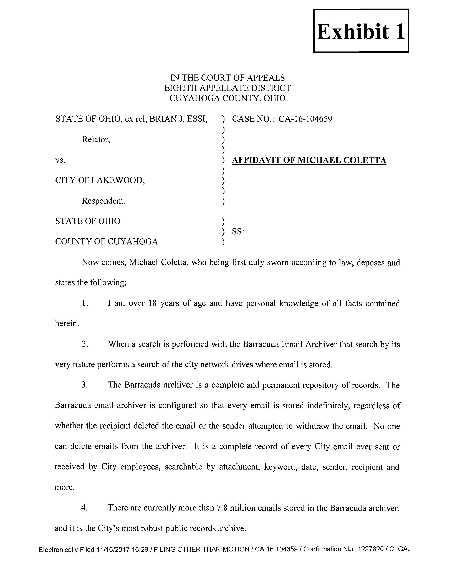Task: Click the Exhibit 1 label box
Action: click(x=361, y=31)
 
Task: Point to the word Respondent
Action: click(x=103, y=201)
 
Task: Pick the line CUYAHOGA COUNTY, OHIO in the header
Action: click(x=227, y=98)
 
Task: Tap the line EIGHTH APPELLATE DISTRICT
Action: click(x=227, y=88)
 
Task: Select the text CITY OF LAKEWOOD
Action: click(x=100, y=180)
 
